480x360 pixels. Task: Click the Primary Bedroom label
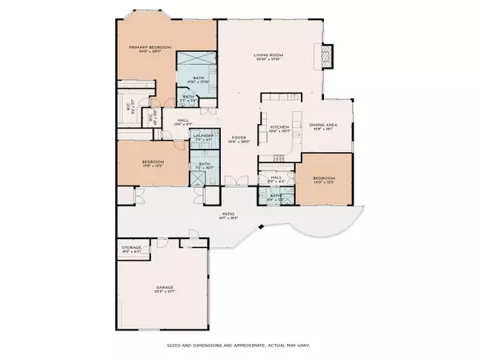tap(151, 47)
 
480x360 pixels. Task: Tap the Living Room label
tap(270, 54)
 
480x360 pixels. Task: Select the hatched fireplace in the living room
tap(326, 57)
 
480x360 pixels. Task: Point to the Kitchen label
tap(278, 127)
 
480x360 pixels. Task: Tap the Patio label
tap(228, 214)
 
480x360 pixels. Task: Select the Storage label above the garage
tap(131, 248)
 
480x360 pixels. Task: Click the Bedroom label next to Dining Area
tap(323, 178)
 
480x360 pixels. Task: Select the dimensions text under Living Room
tap(270, 59)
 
